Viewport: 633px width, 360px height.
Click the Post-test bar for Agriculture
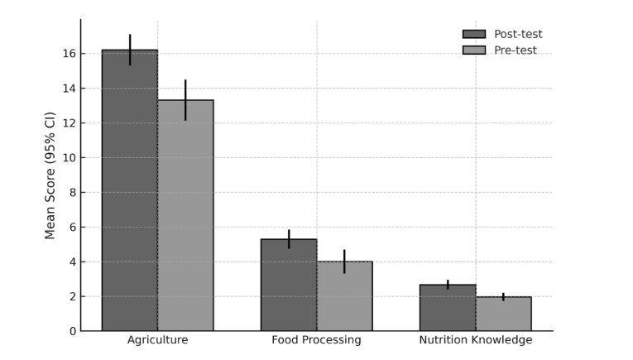(x=130, y=190)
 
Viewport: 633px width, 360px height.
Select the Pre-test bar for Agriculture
(x=185, y=215)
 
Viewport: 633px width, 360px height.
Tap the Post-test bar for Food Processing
(x=289, y=285)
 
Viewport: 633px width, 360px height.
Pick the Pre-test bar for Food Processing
(x=344, y=296)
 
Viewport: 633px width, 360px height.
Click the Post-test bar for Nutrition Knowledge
(x=448, y=308)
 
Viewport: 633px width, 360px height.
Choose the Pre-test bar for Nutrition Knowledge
(x=503, y=314)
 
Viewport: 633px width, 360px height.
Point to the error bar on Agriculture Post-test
(x=130, y=50)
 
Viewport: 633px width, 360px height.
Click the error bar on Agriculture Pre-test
(x=185, y=100)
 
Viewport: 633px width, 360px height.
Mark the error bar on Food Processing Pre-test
(x=344, y=262)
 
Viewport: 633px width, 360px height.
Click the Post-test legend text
(x=518, y=34)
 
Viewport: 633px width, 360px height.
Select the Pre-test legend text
(x=516, y=50)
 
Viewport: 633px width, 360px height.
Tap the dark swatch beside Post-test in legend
(x=474, y=34)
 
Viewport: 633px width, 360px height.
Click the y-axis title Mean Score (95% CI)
(x=50, y=175)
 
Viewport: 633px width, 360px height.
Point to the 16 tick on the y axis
(x=69, y=54)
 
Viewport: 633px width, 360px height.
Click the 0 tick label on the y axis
(x=72, y=331)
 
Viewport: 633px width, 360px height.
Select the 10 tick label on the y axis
(x=69, y=158)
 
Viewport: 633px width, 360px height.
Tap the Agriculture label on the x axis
(x=157, y=340)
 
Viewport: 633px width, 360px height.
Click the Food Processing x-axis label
(x=316, y=340)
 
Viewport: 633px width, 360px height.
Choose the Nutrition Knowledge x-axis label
(x=475, y=340)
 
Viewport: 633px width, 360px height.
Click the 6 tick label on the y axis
(x=72, y=228)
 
